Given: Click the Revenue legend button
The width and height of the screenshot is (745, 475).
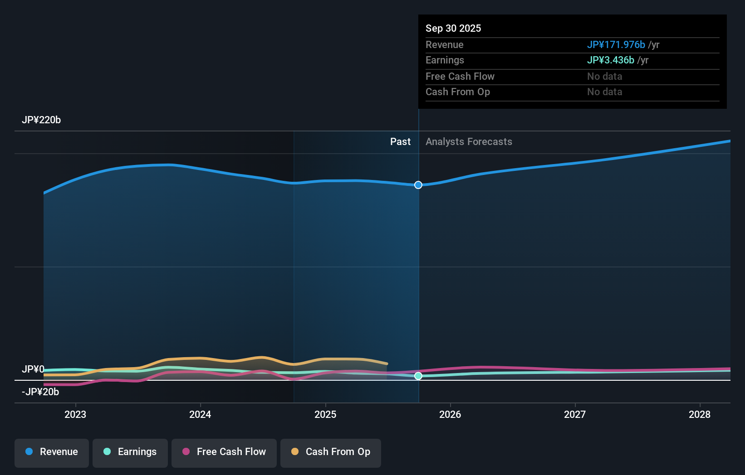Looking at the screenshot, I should point(52,452).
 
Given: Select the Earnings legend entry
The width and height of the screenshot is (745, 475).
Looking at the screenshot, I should point(130,452).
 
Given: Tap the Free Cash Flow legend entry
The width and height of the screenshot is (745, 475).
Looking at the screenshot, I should point(224,452).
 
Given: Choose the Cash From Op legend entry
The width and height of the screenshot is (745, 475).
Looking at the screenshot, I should point(331,452).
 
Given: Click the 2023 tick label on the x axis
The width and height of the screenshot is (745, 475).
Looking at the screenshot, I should point(75,414).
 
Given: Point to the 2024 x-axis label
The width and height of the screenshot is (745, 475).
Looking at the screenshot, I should point(200,414).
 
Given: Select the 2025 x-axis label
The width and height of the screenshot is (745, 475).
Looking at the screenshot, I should point(325,414).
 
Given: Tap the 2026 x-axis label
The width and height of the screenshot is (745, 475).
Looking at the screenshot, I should point(450,414).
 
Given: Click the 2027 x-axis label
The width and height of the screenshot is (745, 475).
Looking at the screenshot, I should point(575,414).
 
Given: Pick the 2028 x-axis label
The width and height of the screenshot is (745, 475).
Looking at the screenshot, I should point(700,414).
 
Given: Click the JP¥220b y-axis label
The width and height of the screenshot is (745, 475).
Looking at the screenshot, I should point(41,120).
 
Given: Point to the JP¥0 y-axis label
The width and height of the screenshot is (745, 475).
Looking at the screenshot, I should point(33,369).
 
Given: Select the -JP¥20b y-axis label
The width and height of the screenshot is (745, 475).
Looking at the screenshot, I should point(40,392).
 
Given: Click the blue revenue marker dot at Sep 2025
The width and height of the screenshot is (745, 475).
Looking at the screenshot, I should point(418,185).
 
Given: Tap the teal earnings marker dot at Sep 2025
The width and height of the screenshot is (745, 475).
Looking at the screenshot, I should point(418,376).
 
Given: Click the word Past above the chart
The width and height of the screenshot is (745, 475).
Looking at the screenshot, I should point(400,142).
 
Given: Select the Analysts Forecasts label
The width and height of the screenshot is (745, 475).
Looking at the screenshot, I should point(469,142).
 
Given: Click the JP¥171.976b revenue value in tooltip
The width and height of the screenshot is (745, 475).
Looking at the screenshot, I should point(616,45).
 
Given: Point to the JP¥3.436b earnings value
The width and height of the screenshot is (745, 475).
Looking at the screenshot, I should point(610,60).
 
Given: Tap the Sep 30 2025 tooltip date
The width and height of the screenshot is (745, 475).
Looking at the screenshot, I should point(453,29).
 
